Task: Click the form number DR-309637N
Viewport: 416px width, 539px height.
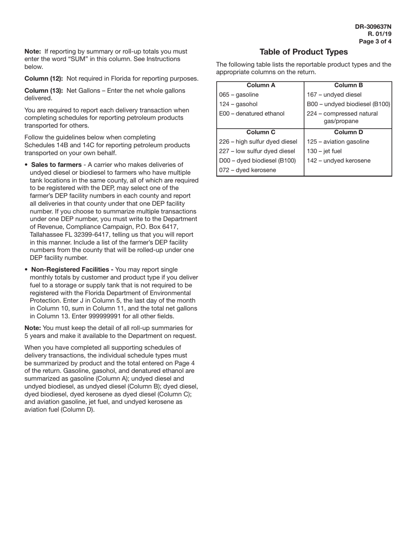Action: pos(373,27)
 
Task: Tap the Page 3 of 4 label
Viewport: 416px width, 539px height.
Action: pos(375,42)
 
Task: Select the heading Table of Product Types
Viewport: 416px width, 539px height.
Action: pos(303,52)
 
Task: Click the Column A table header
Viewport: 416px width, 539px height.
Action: pos(261,85)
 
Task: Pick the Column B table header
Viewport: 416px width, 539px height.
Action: pos(348,85)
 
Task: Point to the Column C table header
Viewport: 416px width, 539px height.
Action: pos(261,132)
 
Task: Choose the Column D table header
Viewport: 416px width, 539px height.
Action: pos(348,132)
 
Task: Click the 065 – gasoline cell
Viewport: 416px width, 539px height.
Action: pos(239,95)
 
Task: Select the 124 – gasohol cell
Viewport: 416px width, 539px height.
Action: pos(238,104)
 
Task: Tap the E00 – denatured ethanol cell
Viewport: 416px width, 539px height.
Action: pos(251,114)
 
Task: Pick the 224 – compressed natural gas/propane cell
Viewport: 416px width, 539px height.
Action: pos(342,117)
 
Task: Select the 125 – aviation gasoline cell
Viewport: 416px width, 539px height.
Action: pos(338,142)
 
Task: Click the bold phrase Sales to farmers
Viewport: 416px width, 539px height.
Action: pos(56,165)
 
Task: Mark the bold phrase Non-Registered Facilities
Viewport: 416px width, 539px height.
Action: pos(72,269)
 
